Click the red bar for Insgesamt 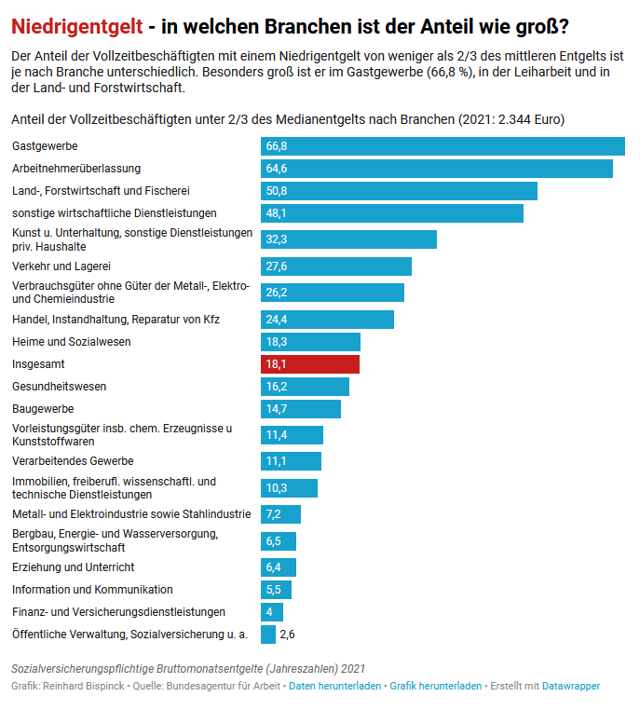309,363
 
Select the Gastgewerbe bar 443,146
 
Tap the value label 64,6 277,169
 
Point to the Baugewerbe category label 43,409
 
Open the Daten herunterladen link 334,686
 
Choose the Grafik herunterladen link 435,686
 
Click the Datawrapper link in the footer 571,686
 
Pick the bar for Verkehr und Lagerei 335,266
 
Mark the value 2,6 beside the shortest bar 288,635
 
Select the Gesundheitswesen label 59,387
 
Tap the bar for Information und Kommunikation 276,590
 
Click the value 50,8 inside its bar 277,191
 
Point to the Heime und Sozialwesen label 71,342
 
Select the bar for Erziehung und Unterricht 279,567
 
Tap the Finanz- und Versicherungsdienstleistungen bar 272,612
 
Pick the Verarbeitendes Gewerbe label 73,461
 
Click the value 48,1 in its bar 277,213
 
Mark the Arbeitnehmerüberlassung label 76,169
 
